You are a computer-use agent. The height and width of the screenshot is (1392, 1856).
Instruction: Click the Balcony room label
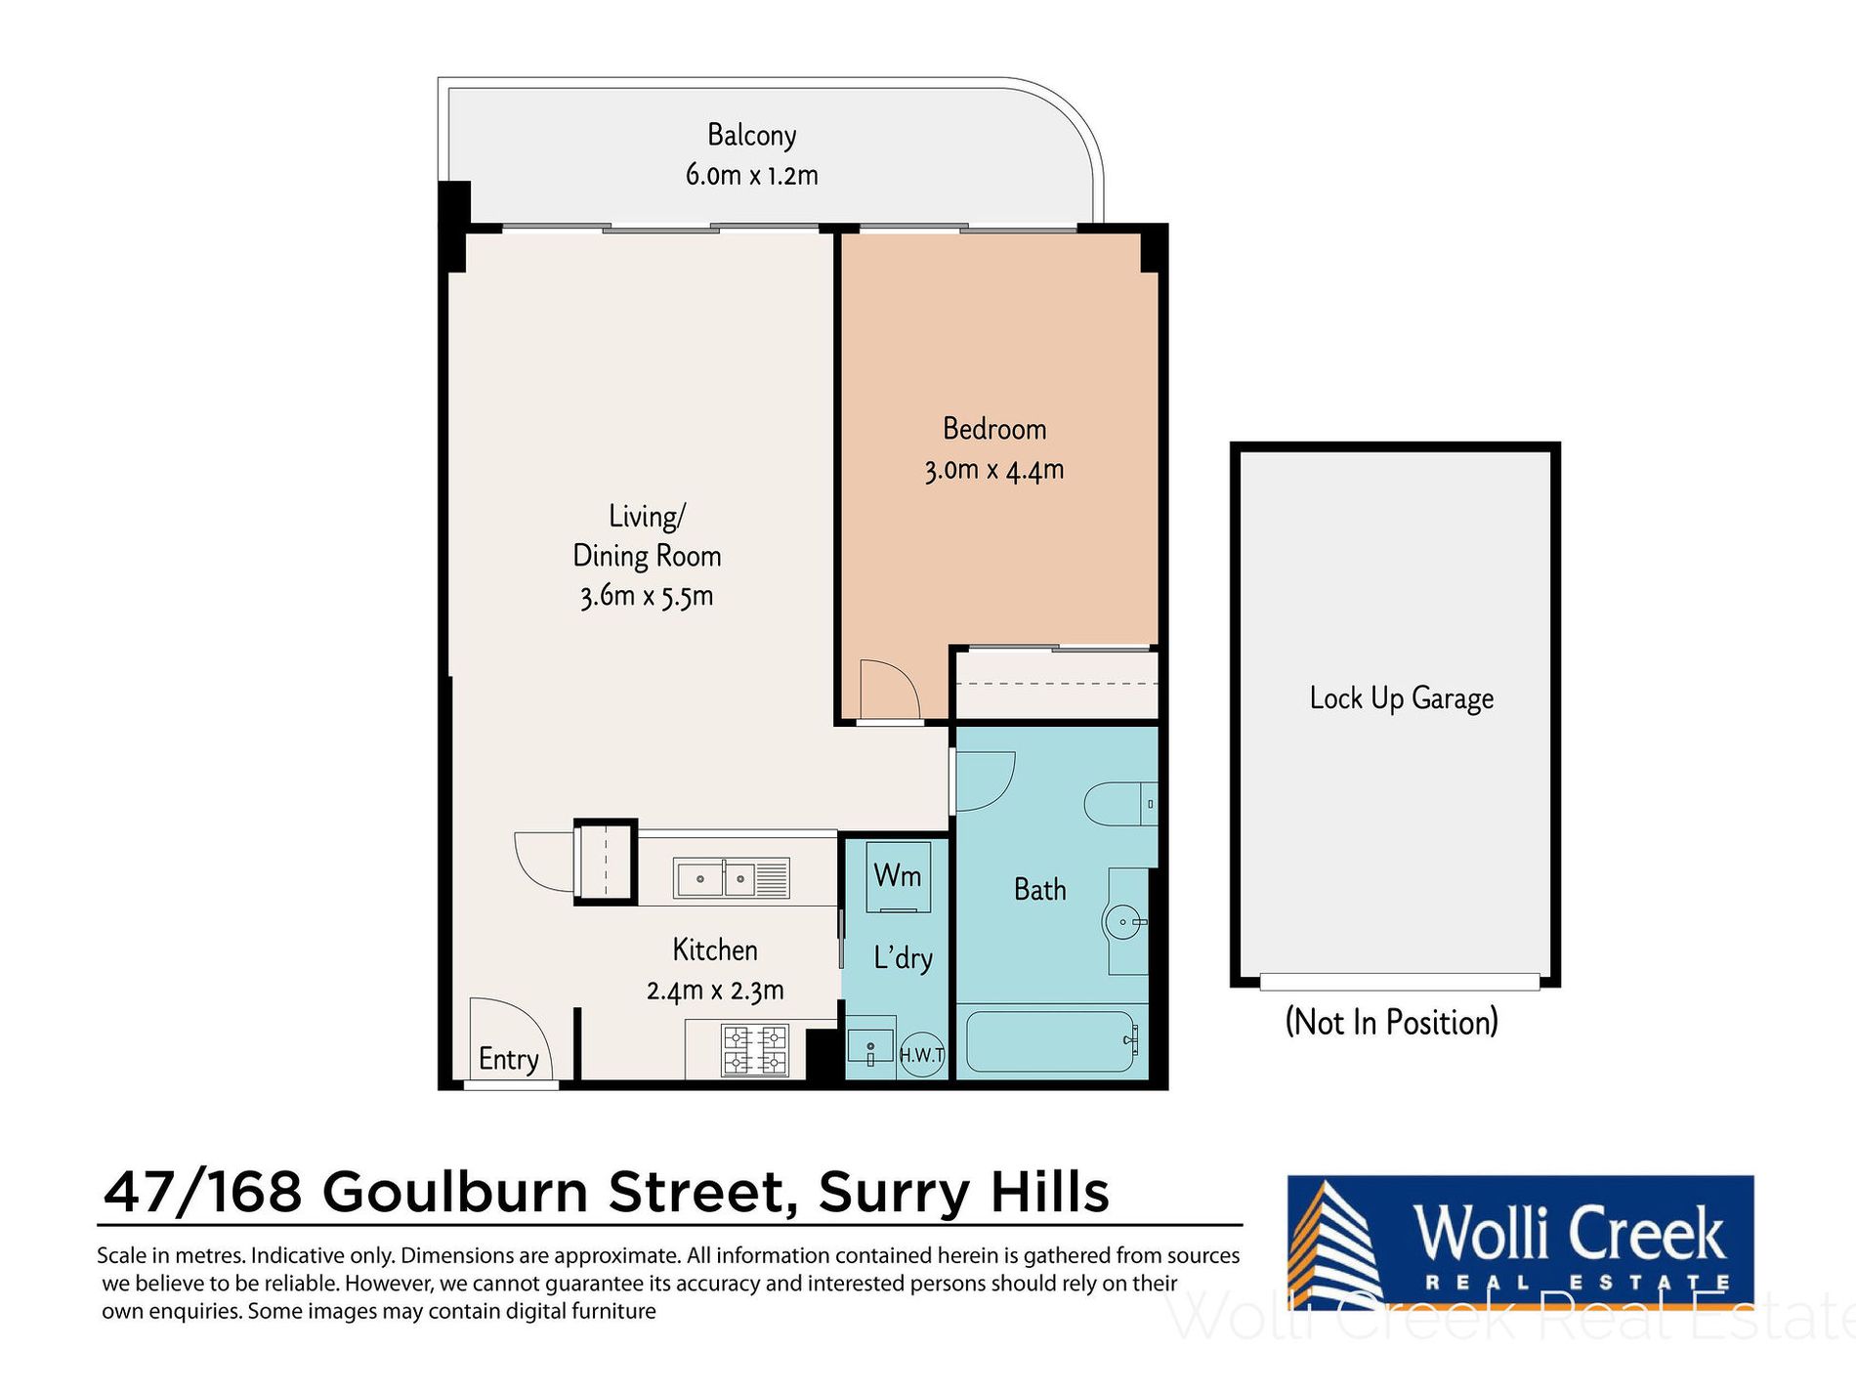tap(751, 136)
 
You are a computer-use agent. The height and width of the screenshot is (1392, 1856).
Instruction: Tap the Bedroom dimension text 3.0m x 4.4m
tap(993, 470)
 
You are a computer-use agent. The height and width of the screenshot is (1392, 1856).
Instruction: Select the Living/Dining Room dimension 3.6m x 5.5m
tap(646, 596)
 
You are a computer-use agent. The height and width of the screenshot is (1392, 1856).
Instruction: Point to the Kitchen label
tap(715, 949)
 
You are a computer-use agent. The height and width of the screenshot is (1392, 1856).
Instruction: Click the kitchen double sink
tap(731, 879)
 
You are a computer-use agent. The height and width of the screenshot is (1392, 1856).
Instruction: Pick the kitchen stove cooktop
tap(754, 1050)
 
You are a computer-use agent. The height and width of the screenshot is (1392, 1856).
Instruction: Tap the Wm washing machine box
tap(896, 876)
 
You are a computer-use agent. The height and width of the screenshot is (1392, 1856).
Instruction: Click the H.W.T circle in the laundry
tap(921, 1055)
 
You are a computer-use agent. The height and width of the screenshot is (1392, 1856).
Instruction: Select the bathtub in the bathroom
tap(1051, 1041)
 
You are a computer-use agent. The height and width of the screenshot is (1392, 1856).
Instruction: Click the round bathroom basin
tap(1124, 921)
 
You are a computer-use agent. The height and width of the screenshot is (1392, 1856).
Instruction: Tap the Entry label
tap(508, 1060)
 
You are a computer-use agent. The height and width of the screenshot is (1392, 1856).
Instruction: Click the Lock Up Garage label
tap(1401, 698)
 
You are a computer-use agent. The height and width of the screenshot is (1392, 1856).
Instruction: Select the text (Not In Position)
tap(1391, 1022)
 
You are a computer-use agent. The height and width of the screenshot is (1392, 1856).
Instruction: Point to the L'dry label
tap(903, 958)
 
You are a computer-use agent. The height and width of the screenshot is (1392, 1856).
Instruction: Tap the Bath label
tap(1039, 890)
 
